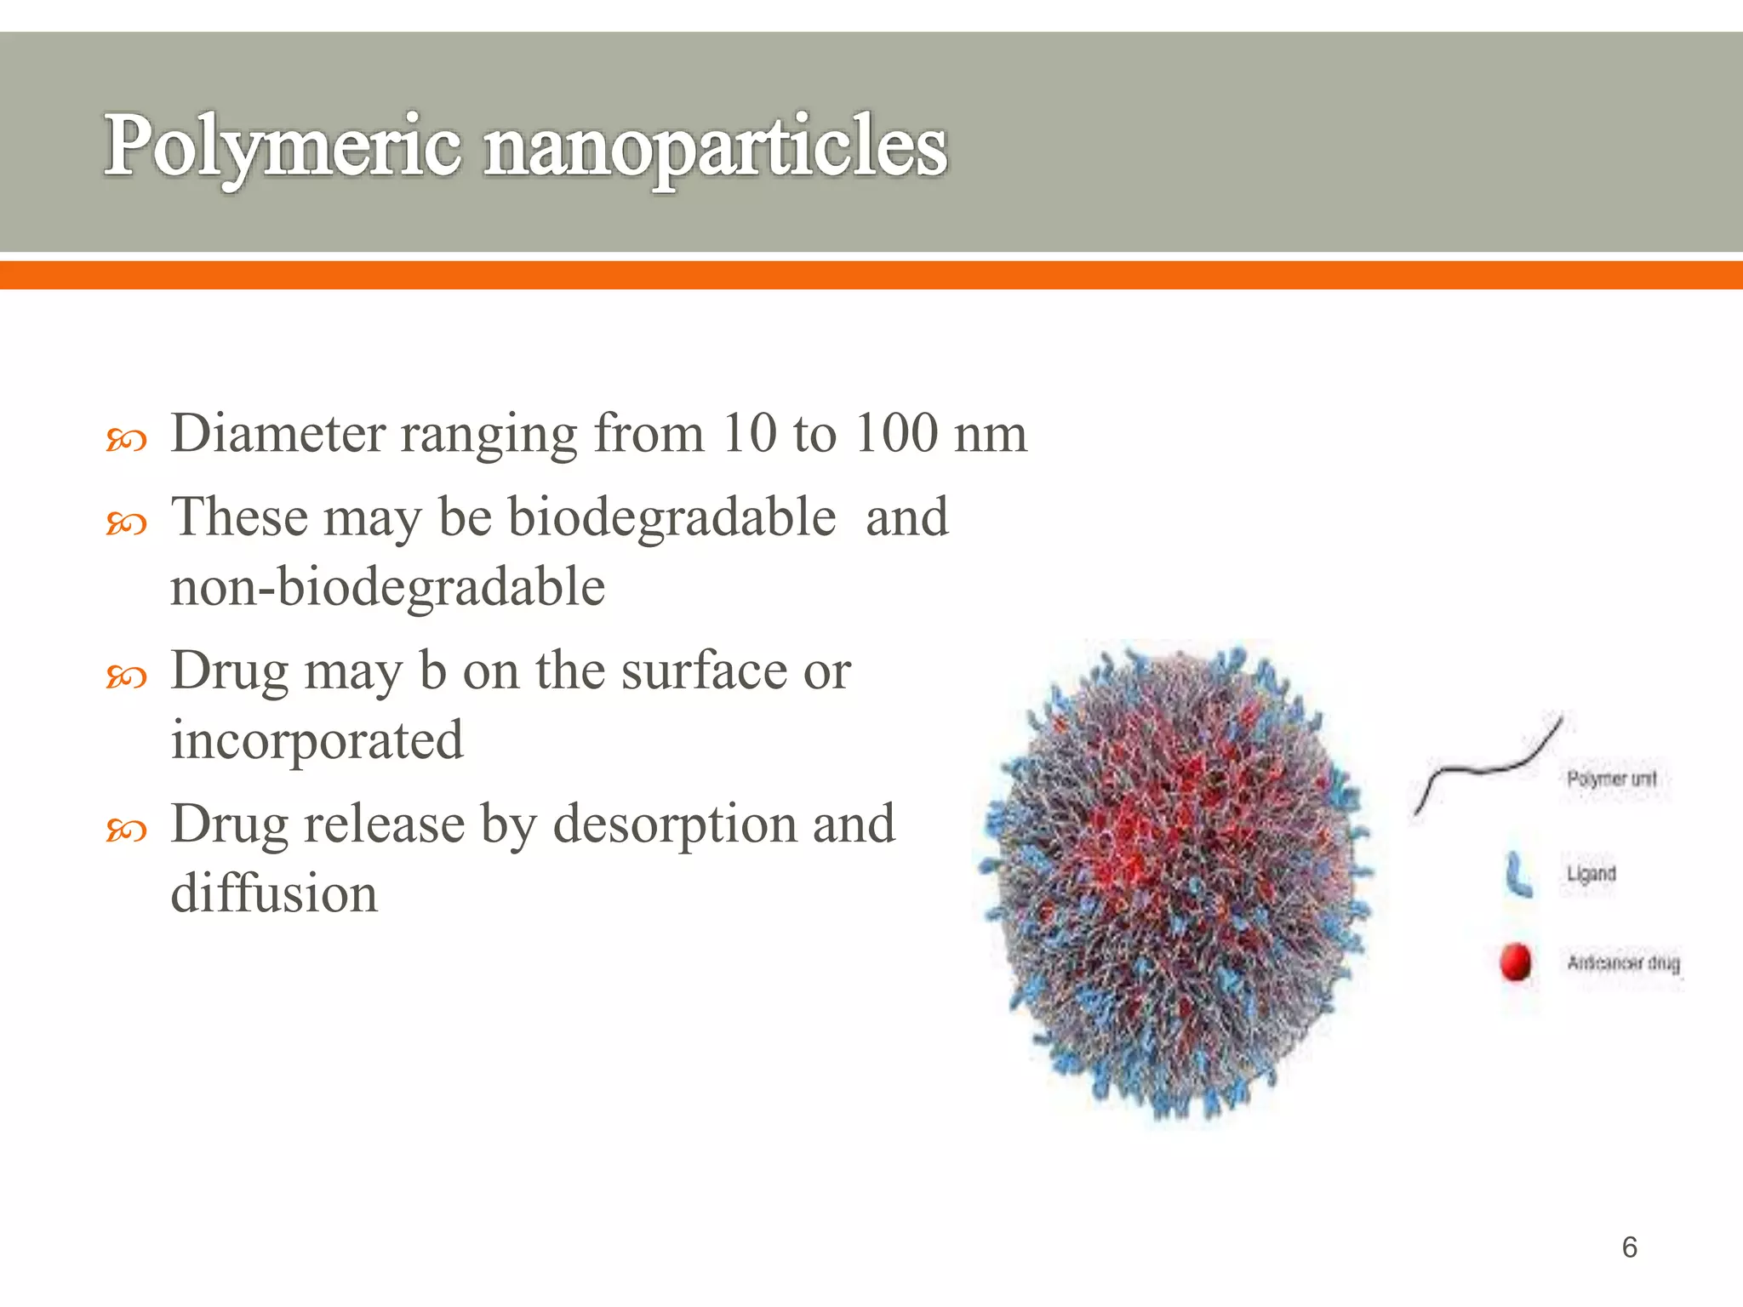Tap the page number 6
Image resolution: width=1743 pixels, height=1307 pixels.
pos(1629,1247)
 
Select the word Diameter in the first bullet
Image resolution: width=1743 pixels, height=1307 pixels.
pos(278,433)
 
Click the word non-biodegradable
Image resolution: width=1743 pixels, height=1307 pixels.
pos(387,587)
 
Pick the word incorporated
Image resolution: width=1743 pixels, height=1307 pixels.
pos(317,740)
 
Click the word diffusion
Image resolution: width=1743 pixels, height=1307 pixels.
pos(274,893)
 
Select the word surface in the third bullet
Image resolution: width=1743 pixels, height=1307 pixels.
pos(704,671)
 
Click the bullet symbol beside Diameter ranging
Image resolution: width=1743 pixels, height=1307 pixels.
pos(127,440)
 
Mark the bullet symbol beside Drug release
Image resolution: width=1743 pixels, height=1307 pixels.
pos(127,830)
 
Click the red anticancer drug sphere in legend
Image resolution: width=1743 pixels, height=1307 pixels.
pos(1515,962)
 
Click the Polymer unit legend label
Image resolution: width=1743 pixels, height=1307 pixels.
pos(1611,779)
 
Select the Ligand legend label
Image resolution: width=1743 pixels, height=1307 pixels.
pos(1591,874)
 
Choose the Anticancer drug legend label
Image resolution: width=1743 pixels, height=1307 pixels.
pos(1623,963)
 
